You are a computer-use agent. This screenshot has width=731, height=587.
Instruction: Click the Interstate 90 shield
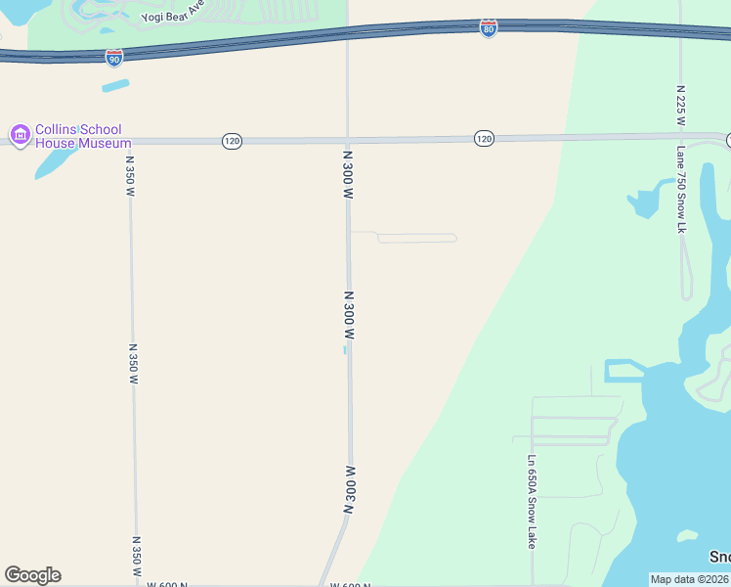(x=114, y=57)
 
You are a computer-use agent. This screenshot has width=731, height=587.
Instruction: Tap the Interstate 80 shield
(x=488, y=28)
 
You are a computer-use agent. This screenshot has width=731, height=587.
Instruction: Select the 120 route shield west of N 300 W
(x=231, y=142)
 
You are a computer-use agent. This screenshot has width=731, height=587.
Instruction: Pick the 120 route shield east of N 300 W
(x=484, y=139)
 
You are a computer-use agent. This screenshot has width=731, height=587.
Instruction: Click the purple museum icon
(x=19, y=134)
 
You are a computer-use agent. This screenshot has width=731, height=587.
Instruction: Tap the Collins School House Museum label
(x=78, y=137)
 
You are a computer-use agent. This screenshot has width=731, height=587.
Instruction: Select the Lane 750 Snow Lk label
(x=681, y=190)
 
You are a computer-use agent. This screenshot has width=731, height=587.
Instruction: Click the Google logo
(x=32, y=575)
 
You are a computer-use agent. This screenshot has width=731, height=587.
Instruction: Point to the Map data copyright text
(x=690, y=579)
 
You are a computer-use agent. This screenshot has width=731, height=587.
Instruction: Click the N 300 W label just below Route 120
(x=347, y=175)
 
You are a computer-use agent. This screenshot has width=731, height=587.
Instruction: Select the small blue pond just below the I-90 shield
(x=115, y=85)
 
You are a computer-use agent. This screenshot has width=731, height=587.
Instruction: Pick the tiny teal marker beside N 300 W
(x=344, y=349)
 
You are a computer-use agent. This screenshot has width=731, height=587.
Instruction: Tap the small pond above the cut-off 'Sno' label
(x=688, y=535)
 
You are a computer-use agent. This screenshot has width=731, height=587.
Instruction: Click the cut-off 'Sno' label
(x=719, y=557)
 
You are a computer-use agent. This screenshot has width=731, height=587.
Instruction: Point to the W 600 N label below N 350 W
(x=167, y=584)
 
